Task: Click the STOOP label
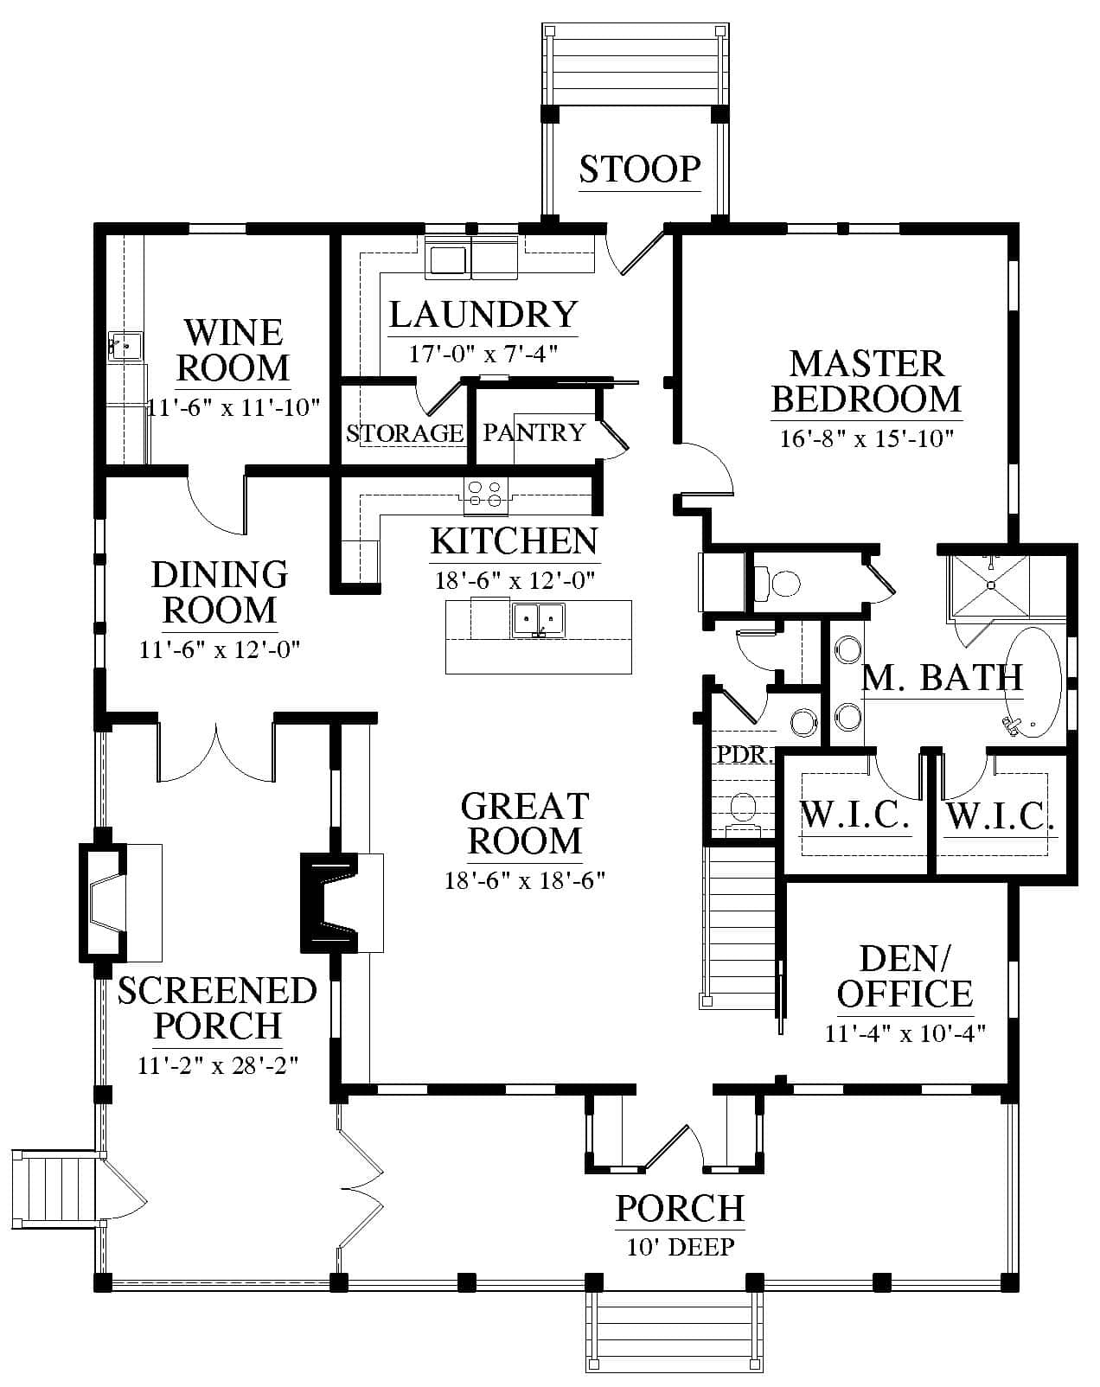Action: (640, 169)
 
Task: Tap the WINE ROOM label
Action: (233, 350)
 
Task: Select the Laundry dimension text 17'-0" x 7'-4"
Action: (483, 353)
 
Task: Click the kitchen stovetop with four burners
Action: (485, 495)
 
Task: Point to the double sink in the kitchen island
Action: (538, 620)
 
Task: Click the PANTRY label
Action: (534, 431)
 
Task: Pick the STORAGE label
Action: (405, 433)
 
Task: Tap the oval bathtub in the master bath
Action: (1033, 683)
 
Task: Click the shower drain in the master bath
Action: (990, 585)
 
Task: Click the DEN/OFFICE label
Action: (905, 977)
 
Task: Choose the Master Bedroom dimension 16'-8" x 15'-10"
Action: (867, 438)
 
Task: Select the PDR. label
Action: (745, 755)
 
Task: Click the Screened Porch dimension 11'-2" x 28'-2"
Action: (219, 1065)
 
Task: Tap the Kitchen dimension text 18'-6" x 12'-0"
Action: (515, 580)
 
